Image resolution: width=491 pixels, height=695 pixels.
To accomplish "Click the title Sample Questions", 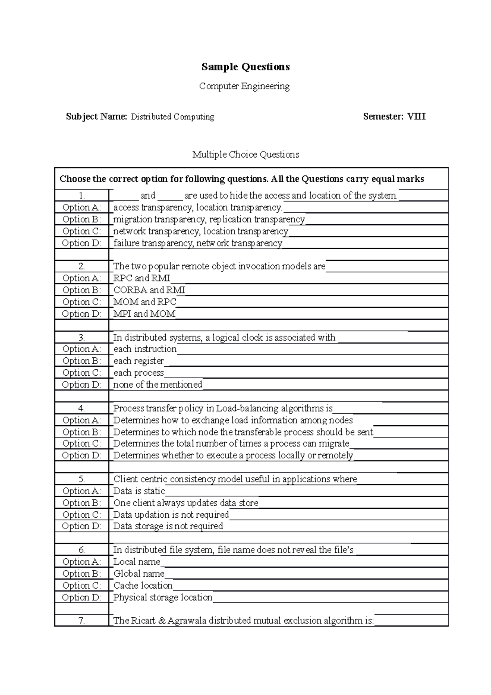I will pyautogui.click(x=245, y=67).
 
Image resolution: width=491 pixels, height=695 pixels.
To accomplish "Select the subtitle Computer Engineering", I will pyautogui.click(x=244, y=86).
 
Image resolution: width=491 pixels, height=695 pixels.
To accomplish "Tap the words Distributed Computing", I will pyautogui.click(x=172, y=117).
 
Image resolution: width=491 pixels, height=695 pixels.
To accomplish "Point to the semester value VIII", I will pyautogui.click(x=416, y=117).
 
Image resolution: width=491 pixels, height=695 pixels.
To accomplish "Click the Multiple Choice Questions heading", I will pyautogui.click(x=245, y=155).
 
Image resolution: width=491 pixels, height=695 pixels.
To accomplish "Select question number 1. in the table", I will pyautogui.click(x=81, y=196).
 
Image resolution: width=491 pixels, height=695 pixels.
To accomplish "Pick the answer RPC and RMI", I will pyautogui.click(x=142, y=278).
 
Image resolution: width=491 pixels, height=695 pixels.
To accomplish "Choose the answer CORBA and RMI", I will pyautogui.click(x=149, y=290).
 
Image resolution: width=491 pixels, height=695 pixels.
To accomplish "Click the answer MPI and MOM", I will pyautogui.click(x=144, y=314).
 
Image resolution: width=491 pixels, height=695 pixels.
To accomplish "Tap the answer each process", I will pyautogui.click(x=138, y=373).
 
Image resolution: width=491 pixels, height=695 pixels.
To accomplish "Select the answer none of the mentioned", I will pyautogui.click(x=158, y=385).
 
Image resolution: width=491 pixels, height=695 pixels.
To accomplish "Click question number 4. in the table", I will pyautogui.click(x=81, y=408).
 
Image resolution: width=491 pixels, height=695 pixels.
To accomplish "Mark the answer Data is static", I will pyautogui.click(x=139, y=491).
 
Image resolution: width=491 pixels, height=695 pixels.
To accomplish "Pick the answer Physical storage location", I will pyautogui.click(x=162, y=598).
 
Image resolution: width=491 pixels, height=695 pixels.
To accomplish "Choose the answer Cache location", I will pyautogui.click(x=143, y=586).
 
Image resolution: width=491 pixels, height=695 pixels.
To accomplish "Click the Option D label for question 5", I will pyautogui.click(x=81, y=526).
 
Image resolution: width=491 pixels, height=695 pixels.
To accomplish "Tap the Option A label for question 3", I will pyautogui.click(x=81, y=349).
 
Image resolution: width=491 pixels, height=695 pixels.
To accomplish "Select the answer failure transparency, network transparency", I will pyautogui.click(x=198, y=244).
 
